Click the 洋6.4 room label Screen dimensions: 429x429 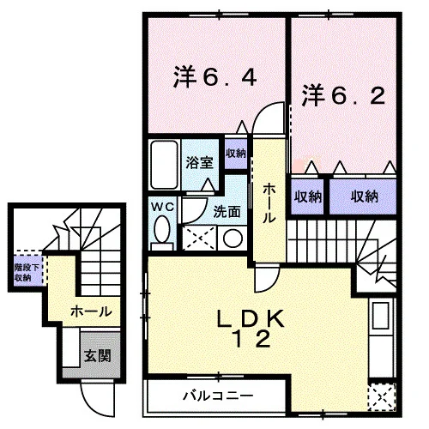214,76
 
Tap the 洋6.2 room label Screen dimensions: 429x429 343,95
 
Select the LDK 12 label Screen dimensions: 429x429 251,329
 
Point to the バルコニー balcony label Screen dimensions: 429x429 218,396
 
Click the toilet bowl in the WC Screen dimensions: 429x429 161,229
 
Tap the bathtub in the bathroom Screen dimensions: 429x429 164,165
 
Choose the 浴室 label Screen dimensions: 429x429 199,162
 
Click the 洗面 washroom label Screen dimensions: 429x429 227,212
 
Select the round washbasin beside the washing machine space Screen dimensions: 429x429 233,238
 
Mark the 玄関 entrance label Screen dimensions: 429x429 97,356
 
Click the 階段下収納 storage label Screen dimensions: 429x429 27,273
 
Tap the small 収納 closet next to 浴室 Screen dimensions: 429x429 236,154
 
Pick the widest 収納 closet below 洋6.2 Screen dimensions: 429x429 363,196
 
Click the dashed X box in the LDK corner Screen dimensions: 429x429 382,397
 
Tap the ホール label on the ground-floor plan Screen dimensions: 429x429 92,311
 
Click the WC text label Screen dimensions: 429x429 162,207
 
